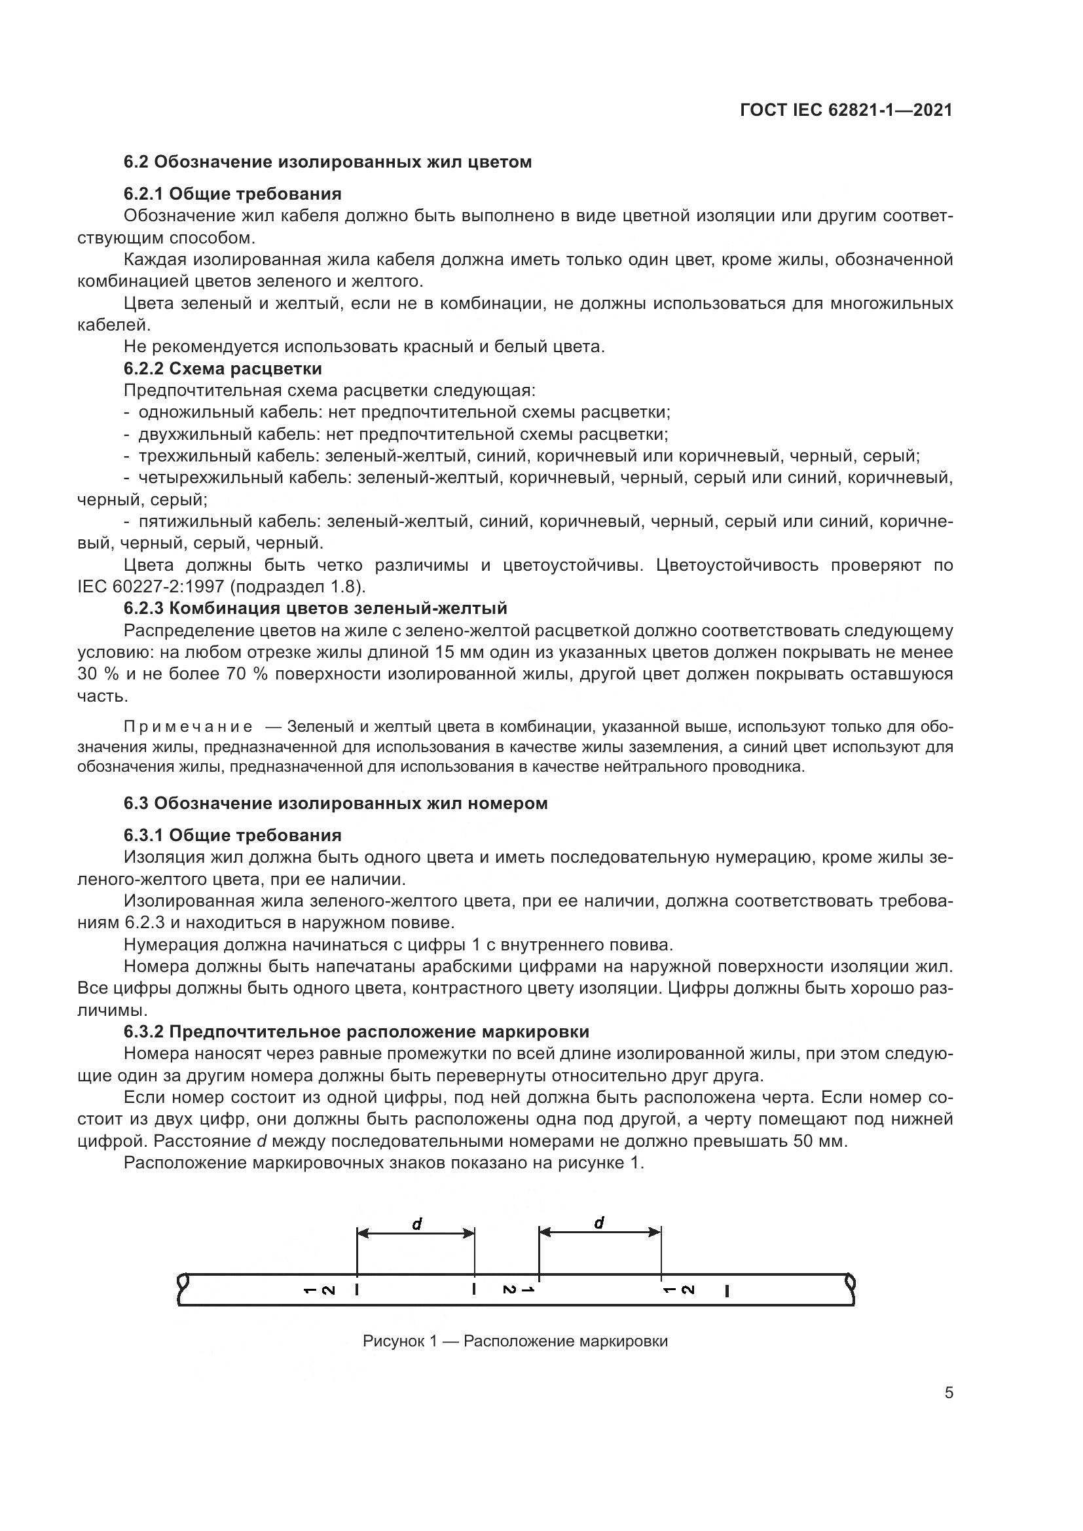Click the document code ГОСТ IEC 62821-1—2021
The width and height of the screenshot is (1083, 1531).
(x=845, y=111)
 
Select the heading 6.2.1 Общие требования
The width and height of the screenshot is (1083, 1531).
(x=232, y=194)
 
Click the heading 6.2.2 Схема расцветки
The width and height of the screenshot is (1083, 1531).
(x=223, y=369)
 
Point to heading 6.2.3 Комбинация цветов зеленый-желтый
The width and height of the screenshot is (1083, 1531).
(x=316, y=608)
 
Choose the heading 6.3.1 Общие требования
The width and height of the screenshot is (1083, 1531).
(x=232, y=835)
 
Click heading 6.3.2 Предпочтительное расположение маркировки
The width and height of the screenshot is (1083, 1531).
(x=356, y=1032)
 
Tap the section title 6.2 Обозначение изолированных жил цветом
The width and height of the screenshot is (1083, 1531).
(x=327, y=162)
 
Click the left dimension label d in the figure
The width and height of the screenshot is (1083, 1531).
(x=417, y=1223)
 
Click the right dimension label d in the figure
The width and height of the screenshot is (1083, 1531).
(x=599, y=1222)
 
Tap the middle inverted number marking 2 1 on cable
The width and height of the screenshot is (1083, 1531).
(x=519, y=1290)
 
